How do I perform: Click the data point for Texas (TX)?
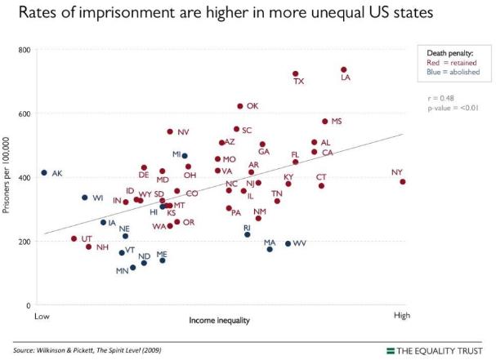click(296, 73)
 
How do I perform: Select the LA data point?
click(344, 70)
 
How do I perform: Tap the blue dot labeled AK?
click(44, 173)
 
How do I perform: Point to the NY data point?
click(403, 182)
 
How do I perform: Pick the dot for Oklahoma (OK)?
click(240, 106)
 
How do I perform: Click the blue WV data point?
click(288, 243)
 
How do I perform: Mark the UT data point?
click(74, 239)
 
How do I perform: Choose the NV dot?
click(170, 131)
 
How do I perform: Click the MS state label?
click(337, 122)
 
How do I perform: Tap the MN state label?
click(122, 270)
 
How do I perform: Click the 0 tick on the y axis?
click(29, 305)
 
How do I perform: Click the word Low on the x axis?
click(38, 314)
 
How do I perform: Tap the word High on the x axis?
click(401, 314)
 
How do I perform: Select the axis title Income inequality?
click(220, 320)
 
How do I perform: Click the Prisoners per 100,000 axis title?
click(8, 178)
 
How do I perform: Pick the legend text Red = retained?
click(451, 63)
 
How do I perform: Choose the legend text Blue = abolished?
click(454, 73)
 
